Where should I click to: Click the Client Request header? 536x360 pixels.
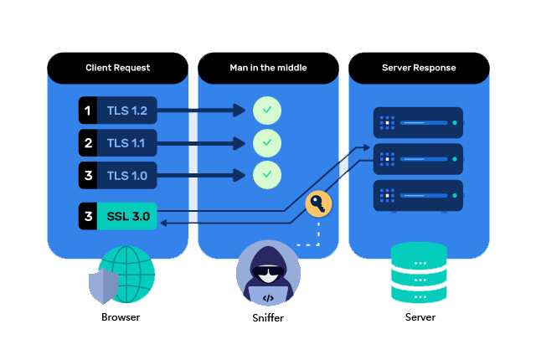pyautogui.click(x=117, y=68)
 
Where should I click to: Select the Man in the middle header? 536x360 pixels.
pyautogui.click(x=268, y=68)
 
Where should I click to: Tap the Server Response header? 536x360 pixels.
pyautogui.click(x=419, y=68)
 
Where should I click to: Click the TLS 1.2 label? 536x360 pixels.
pyautogui.click(x=126, y=110)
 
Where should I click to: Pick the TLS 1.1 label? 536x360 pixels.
pyautogui.click(x=126, y=143)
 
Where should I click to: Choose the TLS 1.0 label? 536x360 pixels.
pyautogui.click(x=126, y=176)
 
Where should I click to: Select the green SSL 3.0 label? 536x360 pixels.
pyautogui.click(x=128, y=216)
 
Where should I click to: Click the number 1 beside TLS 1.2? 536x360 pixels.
pyautogui.click(x=87, y=110)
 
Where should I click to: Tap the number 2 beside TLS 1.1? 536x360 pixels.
pyautogui.click(x=87, y=143)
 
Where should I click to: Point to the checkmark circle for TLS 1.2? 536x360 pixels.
pyautogui.click(x=267, y=110)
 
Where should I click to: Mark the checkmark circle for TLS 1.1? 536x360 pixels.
pyautogui.click(x=267, y=143)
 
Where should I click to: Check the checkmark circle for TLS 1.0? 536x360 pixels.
pyautogui.click(x=267, y=176)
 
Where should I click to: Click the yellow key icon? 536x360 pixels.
pyautogui.click(x=318, y=203)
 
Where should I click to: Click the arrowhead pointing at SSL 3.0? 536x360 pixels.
pyautogui.click(x=162, y=223)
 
